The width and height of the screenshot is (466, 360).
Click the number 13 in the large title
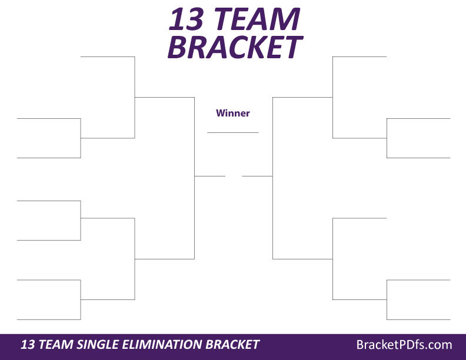187,19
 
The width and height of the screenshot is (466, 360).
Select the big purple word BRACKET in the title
235,47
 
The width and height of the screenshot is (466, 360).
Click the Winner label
233,113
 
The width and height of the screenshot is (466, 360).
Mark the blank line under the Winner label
233,132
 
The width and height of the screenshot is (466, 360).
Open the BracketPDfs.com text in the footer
404,345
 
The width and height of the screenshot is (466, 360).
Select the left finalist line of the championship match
209,176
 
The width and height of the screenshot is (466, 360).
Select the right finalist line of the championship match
257,176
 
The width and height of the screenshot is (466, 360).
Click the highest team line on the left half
108,56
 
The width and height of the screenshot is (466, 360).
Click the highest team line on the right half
360,56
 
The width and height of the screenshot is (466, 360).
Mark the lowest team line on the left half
49,319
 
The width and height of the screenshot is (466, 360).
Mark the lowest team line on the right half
418,319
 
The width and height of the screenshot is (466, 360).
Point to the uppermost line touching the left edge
49,118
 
